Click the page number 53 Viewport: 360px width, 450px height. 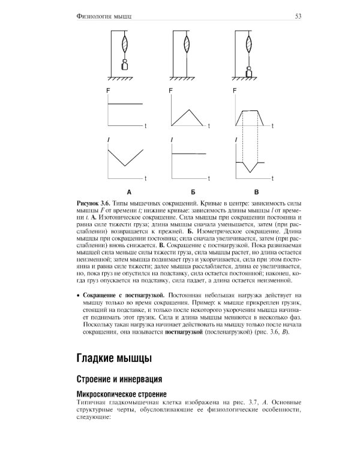[298, 16]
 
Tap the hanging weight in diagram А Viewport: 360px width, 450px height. [125, 65]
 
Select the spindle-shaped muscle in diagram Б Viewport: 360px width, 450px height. [188, 45]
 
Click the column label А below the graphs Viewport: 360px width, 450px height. [127, 192]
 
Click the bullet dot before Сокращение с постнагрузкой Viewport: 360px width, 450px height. [79, 297]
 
